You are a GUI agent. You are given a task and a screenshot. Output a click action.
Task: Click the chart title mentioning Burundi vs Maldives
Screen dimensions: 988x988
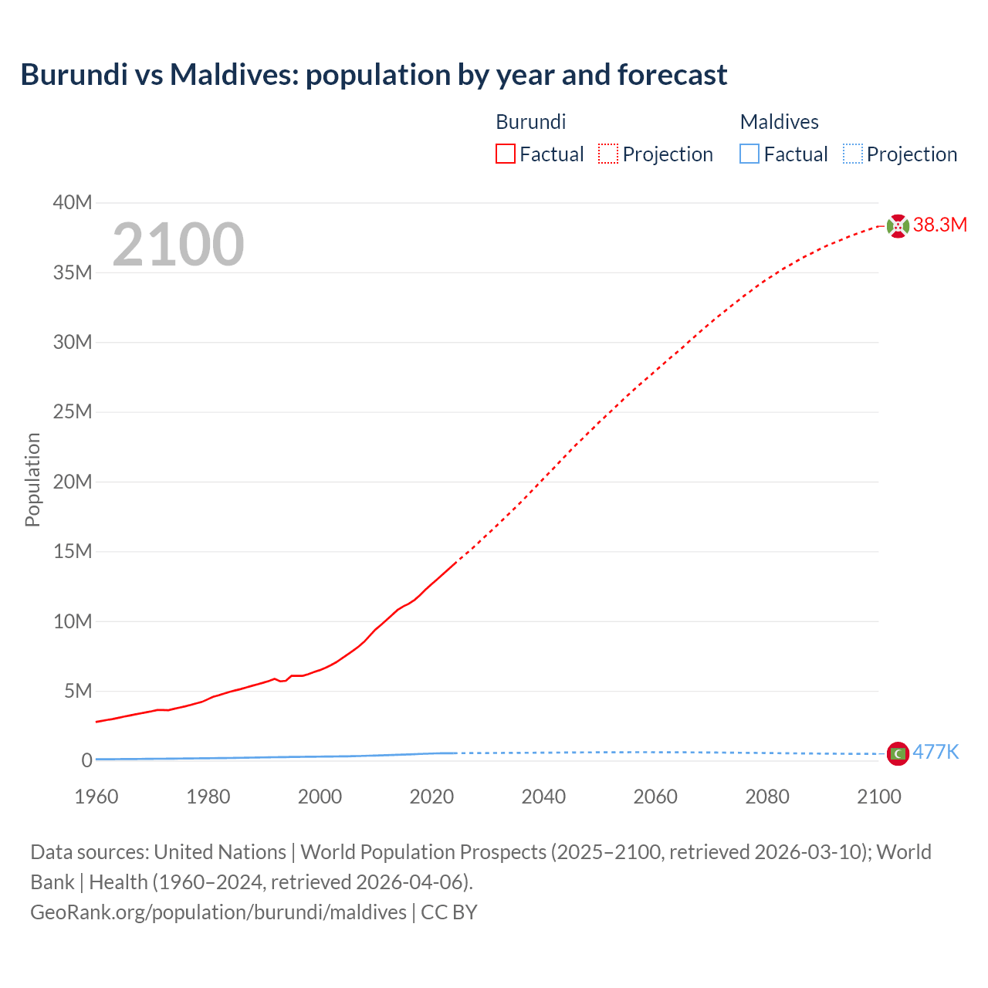(374, 75)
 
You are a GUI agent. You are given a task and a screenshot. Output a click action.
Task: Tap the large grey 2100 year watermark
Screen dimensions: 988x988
(178, 245)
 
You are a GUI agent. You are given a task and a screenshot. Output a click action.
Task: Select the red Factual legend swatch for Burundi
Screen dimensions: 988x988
(505, 154)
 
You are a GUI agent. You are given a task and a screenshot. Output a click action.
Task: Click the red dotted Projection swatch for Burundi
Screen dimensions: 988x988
(608, 154)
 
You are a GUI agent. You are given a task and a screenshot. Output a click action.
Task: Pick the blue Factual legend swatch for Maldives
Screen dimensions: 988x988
(749, 154)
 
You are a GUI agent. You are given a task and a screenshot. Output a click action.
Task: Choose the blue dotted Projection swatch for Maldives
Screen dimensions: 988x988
(852, 154)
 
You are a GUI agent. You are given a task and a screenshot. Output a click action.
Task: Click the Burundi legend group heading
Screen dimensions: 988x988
(530, 122)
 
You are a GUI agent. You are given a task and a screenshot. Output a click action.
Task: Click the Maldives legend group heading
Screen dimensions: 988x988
(779, 122)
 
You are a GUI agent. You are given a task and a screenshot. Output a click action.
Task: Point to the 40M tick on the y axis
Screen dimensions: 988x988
(73, 203)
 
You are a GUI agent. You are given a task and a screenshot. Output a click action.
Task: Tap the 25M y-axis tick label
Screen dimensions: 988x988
(73, 412)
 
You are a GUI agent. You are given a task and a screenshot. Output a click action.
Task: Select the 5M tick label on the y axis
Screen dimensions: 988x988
(77, 691)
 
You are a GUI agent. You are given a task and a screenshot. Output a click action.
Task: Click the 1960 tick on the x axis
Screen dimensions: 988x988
(96, 797)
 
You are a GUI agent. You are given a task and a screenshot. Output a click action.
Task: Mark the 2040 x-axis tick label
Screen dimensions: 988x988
(543, 797)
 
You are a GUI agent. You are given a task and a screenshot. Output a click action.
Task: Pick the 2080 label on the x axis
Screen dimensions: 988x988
(767, 797)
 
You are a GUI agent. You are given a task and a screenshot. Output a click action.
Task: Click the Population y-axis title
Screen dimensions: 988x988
(32, 479)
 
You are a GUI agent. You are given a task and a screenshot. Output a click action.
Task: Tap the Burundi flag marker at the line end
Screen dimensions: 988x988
(898, 226)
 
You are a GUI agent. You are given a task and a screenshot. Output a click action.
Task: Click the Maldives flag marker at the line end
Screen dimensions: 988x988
(898, 753)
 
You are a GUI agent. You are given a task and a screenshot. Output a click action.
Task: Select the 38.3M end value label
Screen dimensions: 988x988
(939, 225)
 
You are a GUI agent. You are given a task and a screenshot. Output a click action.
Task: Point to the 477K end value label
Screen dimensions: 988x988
(936, 753)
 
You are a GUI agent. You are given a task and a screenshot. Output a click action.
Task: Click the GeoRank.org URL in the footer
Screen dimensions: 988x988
(218, 912)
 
